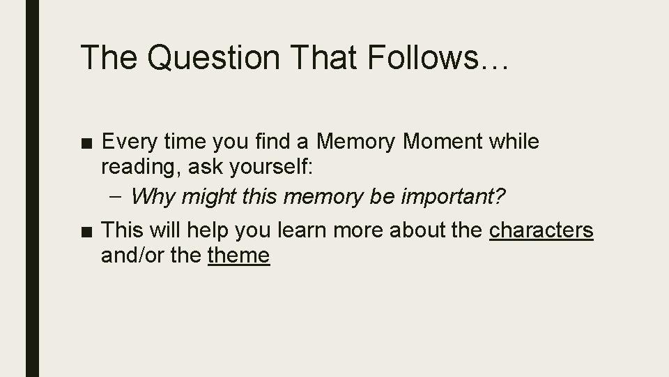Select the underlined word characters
click(x=541, y=231)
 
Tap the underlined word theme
click(x=238, y=256)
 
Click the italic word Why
click(x=148, y=197)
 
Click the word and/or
click(x=132, y=256)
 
